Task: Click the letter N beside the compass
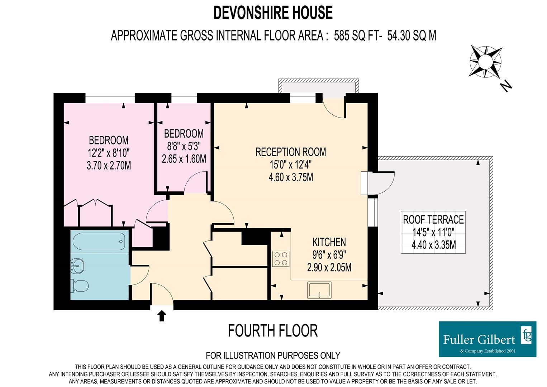(x=506, y=86)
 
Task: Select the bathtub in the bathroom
(x=99, y=241)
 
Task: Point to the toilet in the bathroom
(x=79, y=286)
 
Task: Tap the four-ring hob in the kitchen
(x=281, y=259)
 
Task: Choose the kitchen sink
(x=319, y=290)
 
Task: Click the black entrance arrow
(x=161, y=316)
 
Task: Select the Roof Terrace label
(x=433, y=220)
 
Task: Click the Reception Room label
(x=291, y=152)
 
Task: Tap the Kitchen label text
(x=329, y=242)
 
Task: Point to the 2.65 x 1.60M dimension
(x=184, y=159)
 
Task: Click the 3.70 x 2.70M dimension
(x=109, y=166)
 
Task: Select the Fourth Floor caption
(x=273, y=331)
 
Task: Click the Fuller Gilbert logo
(x=487, y=339)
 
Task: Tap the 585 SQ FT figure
(x=358, y=35)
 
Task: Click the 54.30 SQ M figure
(x=412, y=35)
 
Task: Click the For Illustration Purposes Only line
(x=273, y=355)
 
